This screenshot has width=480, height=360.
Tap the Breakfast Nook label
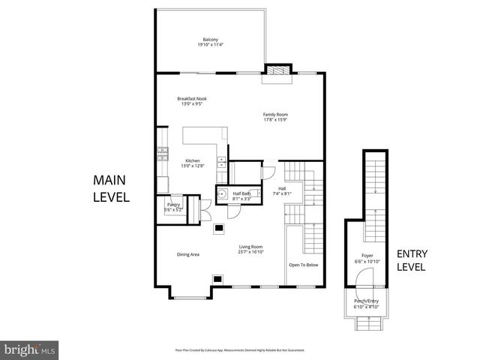click(x=192, y=99)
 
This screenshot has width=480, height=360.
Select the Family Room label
click(x=276, y=114)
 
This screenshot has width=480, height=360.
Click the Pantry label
click(x=173, y=205)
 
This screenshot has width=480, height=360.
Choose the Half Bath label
click(x=241, y=193)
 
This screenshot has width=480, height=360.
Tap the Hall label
click(x=282, y=188)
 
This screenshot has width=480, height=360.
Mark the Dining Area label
click(x=188, y=255)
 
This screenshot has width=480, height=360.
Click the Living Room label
click(x=250, y=248)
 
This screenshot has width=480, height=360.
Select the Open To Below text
click(x=304, y=265)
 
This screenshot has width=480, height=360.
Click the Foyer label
click(x=367, y=256)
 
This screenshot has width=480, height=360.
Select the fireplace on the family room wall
click(x=277, y=70)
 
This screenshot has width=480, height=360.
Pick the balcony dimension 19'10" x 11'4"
click(x=211, y=45)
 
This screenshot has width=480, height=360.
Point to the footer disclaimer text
click(x=240, y=350)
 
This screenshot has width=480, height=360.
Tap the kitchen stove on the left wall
click(x=162, y=155)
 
